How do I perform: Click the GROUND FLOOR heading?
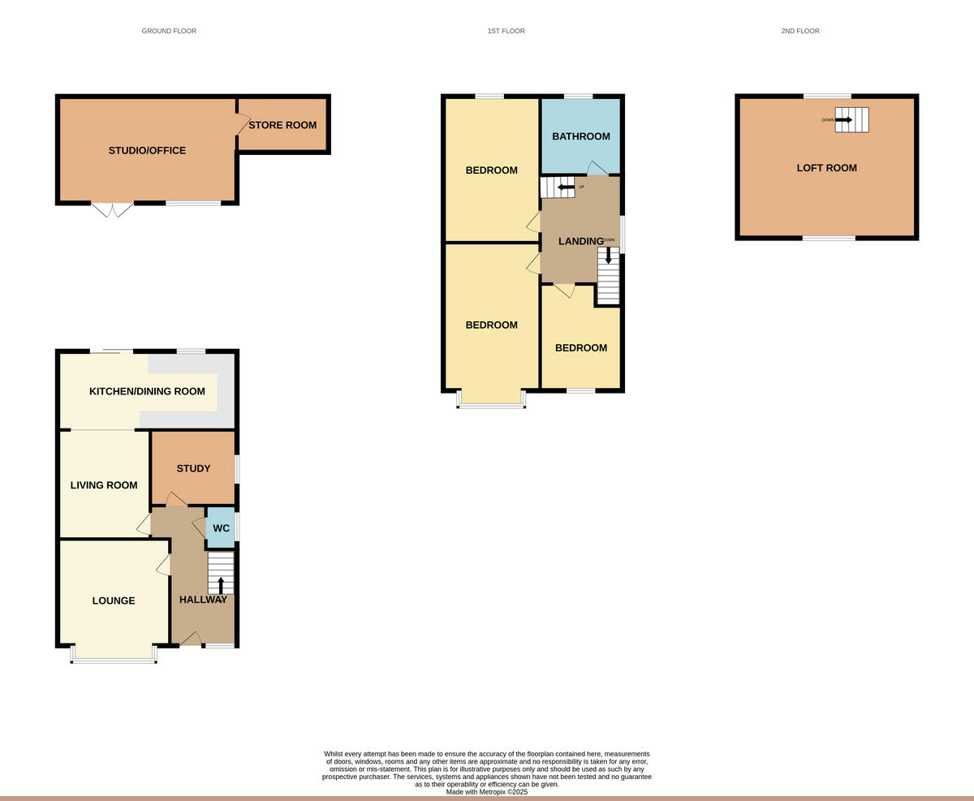pos(169,31)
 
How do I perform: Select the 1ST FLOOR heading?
pos(506,31)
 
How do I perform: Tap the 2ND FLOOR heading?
pos(799,31)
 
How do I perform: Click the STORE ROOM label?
pos(282,125)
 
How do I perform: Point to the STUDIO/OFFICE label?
pos(147,150)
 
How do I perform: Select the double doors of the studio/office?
pos(113,210)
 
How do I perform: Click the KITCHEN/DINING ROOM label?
pos(147,391)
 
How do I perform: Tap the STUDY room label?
pos(193,468)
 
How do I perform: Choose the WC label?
pos(221,528)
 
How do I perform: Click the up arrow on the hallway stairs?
pos(221,585)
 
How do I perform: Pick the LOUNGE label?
pos(114,601)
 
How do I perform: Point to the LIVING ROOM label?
pos(104,485)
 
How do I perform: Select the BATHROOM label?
pos(580,136)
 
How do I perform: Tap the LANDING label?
pos(580,241)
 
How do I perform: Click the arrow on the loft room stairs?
pos(844,119)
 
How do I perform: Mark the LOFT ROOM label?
pos(826,168)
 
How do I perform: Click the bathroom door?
pos(597,168)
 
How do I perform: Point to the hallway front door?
pos(191,640)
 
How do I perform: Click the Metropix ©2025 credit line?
pos(487,791)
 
